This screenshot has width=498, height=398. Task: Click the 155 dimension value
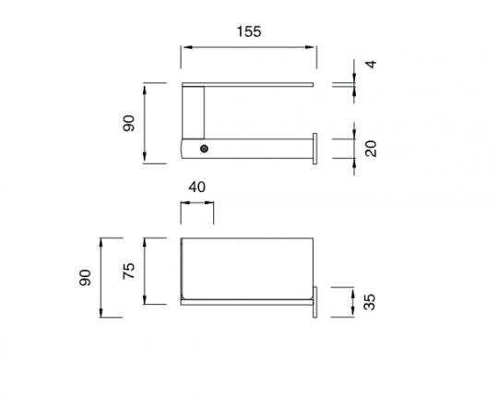pos(249,31)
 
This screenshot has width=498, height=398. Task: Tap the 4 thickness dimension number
pos(371,64)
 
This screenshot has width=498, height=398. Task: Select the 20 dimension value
pos(371,149)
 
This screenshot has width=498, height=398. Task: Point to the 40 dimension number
pos(197,187)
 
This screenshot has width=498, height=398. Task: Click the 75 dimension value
pos(129,271)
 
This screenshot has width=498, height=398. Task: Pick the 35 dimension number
pos(370,302)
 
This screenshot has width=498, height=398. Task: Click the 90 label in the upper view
pos(129,123)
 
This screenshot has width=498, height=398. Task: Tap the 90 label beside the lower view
pos(85,277)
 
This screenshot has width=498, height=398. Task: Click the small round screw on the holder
pos(204,149)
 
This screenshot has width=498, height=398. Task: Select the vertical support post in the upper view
pos(193,113)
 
